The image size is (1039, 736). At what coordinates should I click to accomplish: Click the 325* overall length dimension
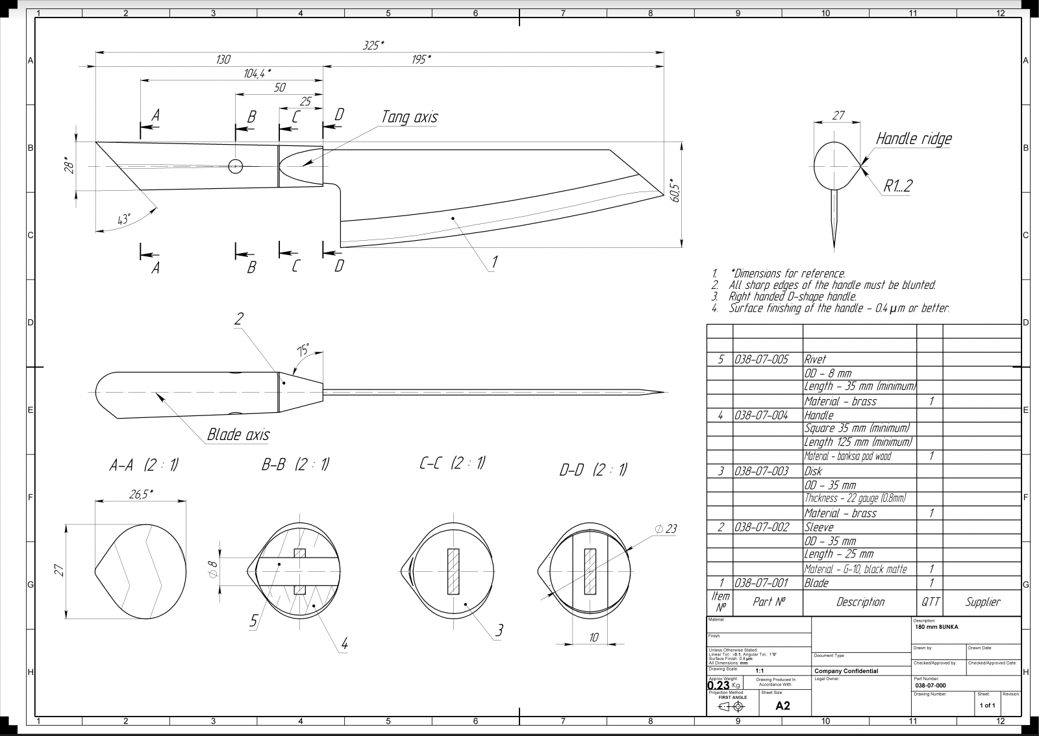coord(373,45)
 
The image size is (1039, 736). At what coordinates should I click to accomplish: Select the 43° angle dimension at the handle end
coord(123,219)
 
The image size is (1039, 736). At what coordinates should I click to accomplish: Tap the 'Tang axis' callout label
coord(409,117)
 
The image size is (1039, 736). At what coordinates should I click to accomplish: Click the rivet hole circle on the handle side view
coord(236,166)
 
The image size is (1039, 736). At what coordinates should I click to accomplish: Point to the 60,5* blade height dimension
coord(675,191)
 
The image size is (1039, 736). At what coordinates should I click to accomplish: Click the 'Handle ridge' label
coord(913,138)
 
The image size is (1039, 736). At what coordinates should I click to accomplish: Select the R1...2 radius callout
coord(897,186)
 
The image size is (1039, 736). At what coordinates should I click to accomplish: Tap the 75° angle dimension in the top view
coord(303,350)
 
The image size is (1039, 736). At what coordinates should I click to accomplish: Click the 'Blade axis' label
coord(238,435)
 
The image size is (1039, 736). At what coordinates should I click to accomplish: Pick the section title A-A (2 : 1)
coord(144,465)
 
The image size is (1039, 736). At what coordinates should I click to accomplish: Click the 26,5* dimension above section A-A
coord(141,494)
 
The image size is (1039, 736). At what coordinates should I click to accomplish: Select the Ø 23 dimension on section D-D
coord(666,529)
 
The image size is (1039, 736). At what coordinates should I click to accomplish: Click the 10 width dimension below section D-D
coord(593,638)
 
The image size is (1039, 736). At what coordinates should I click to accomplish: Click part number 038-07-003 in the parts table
coord(762,471)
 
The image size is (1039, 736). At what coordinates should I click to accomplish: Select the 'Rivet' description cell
coord(816,359)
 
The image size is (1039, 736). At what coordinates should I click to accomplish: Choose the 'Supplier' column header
coord(982,602)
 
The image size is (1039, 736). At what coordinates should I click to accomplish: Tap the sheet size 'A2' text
coord(782,705)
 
